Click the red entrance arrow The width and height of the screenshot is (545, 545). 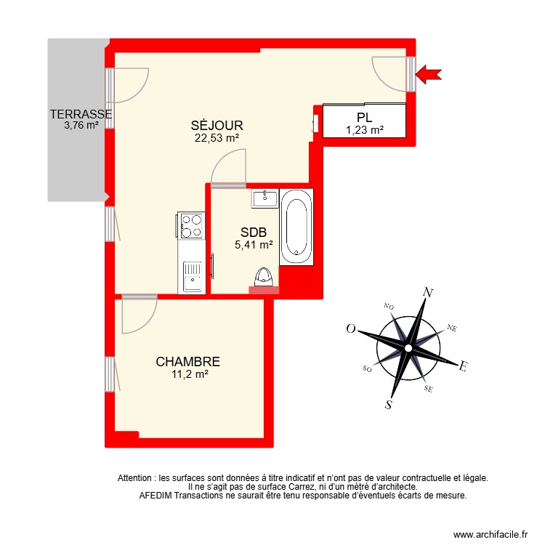tap(429, 73)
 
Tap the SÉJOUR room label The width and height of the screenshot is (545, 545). tap(218, 125)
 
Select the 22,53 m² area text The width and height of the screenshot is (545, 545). tap(218, 137)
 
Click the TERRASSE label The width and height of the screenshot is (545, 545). tap(80, 114)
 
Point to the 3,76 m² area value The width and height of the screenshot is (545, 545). tap(81, 125)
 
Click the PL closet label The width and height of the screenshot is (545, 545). tap(364, 118)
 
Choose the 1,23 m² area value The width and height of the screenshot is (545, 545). tap(364, 131)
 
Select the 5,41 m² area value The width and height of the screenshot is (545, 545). tap(253, 246)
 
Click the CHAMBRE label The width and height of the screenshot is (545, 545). tap(187, 362)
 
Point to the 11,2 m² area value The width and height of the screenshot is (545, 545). tap(187, 374)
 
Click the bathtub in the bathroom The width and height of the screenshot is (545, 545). tap(296, 226)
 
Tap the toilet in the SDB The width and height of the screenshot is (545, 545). tap(264, 278)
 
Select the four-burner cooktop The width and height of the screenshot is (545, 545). tap(192, 225)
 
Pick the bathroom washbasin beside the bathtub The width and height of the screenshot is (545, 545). tap(265, 197)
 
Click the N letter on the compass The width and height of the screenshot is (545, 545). tap(429, 293)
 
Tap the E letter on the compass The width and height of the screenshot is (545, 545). tap(462, 368)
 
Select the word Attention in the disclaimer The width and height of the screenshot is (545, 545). tap(135, 478)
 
